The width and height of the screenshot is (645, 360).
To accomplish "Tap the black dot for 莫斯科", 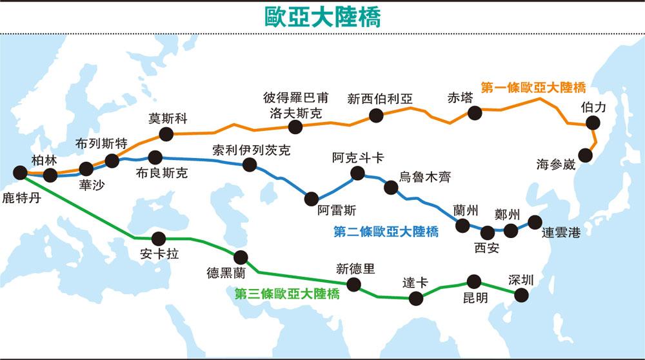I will (x=166, y=134).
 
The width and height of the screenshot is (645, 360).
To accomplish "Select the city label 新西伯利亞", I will (x=380, y=99).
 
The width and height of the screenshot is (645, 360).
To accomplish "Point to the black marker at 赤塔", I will (x=475, y=113).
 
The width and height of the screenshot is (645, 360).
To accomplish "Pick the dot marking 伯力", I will (x=593, y=123).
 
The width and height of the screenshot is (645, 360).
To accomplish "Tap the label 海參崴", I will (x=555, y=164).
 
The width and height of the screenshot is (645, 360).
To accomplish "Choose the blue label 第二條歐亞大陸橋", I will (x=386, y=232).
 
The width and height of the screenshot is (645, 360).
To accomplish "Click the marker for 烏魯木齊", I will (x=391, y=187).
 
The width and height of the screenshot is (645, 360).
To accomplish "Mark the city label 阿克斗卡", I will (x=358, y=157).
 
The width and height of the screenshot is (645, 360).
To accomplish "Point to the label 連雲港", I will (x=561, y=233).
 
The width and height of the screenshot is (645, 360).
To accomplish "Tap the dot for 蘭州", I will (x=462, y=225).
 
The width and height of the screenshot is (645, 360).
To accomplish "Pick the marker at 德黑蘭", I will (x=241, y=257).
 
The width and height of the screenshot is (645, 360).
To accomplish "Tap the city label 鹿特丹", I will (x=21, y=197).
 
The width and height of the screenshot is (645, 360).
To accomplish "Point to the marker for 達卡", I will (x=416, y=298).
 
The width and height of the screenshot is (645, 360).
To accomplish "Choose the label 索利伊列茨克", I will (x=251, y=151).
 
